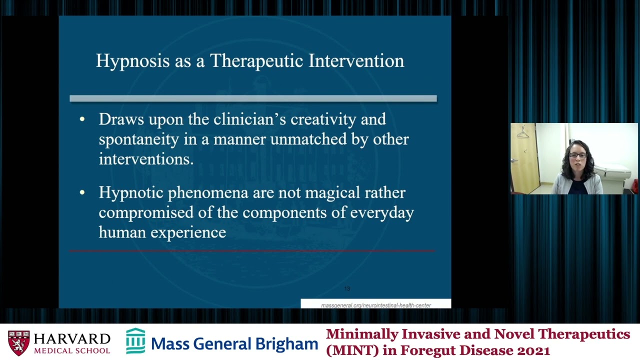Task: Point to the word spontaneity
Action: [x=138, y=139]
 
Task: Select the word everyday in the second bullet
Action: [x=382, y=213]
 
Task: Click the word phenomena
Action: [x=208, y=193]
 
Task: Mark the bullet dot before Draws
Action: [x=82, y=119]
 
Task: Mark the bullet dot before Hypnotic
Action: [x=82, y=193]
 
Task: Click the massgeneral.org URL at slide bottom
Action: [x=375, y=305]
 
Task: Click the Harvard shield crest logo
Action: [x=18, y=342]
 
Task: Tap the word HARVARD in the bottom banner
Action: [x=72, y=339]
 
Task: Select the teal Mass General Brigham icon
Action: [x=135, y=341]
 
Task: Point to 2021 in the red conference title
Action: [x=533, y=350]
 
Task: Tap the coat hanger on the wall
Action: [x=523, y=133]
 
